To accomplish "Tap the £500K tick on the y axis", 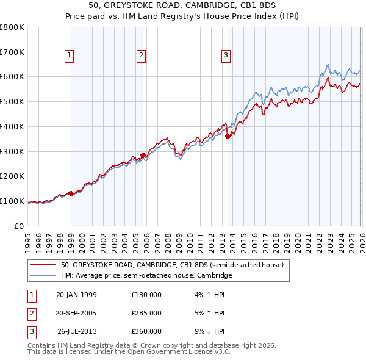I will (12, 102).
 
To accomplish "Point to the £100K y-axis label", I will (12, 201).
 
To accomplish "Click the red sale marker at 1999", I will (71, 193).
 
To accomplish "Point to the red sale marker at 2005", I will (143, 155).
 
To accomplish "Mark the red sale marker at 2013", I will (228, 137).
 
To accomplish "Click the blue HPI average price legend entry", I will (146, 276).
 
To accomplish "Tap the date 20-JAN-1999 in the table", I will (76, 295).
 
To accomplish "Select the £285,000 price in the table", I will (146, 313).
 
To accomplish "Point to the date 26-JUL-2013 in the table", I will (77, 331).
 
